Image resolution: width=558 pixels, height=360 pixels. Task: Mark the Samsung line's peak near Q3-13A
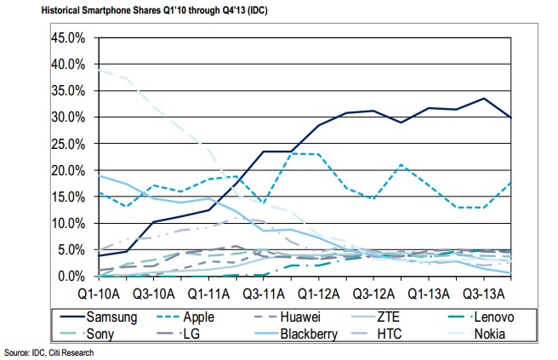pos(483,99)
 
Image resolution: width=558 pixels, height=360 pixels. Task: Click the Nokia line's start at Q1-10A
pos(100,71)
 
